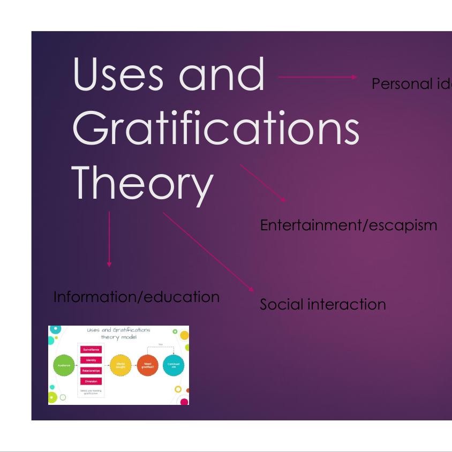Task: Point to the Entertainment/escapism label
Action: (x=348, y=225)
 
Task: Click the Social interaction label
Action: (x=322, y=304)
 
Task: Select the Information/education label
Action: (x=137, y=297)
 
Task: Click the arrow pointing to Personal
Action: (x=318, y=77)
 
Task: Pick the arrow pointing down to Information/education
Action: (x=109, y=239)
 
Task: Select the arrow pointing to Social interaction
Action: (x=208, y=252)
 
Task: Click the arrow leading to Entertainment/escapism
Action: (x=263, y=183)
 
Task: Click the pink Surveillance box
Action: (x=91, y=350)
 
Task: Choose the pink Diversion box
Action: (x=91, y=381)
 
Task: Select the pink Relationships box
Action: (x=91, y=371)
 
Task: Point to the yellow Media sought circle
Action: (x=120, y=365)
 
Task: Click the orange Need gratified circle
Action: (x=147, y=365)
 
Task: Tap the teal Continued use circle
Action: (x=173, y=365)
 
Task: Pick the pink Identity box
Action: (x=91, y=360)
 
